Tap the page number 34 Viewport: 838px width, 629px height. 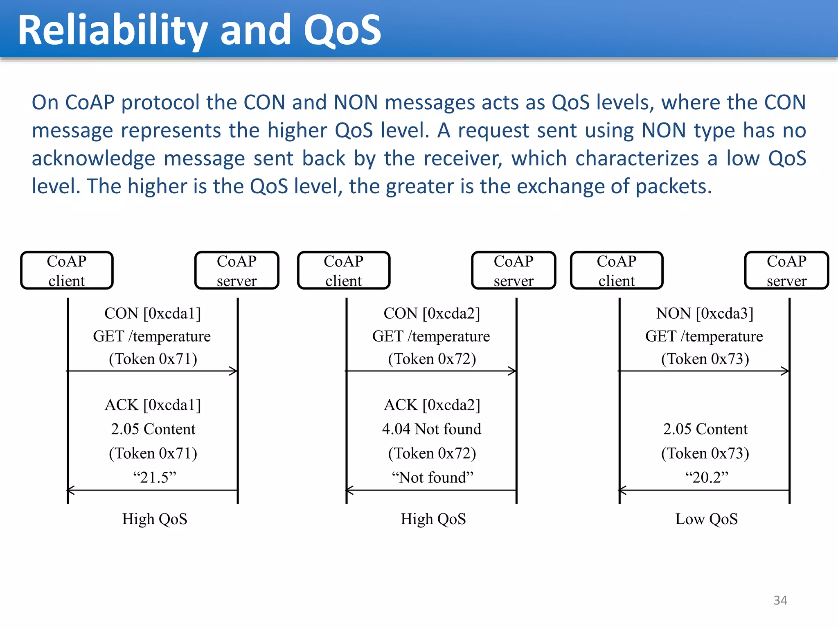780,600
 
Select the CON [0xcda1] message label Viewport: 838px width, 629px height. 153,313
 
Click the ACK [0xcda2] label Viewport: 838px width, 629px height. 432,405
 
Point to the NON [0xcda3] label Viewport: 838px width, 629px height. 705,313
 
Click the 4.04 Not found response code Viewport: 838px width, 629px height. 432,429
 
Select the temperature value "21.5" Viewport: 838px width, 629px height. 154,477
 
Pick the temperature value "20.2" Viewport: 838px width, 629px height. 707,477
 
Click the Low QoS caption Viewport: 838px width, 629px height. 706,519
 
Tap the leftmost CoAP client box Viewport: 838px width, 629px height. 67,271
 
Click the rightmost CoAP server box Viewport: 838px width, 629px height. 786,271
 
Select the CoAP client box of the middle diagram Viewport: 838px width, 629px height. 344,271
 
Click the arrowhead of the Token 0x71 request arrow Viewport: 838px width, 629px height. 234,371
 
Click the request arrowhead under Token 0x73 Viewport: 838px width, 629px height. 786,371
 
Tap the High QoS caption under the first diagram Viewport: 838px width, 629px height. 154,519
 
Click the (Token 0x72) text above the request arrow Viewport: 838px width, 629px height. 432,359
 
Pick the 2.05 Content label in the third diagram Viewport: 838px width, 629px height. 705,429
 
